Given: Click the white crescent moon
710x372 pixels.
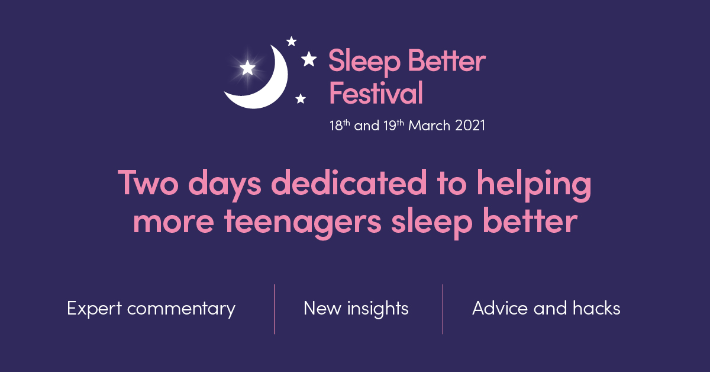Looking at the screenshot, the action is pos(273,92).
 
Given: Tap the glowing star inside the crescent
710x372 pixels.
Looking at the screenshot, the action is pos(247,68).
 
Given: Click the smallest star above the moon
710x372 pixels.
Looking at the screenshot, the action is pos(291,41).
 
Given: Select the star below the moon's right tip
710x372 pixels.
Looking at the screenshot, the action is pos(301,99).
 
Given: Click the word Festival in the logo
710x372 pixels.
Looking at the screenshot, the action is pos(376,92).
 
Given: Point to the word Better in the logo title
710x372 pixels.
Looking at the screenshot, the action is pos(447,60).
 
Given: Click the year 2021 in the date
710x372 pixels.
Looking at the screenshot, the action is pos(470,126).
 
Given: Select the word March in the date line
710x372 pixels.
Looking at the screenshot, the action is pos(429,126).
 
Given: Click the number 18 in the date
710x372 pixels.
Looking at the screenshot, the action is pos(336,126).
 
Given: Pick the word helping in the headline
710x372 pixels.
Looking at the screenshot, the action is pos(534,185).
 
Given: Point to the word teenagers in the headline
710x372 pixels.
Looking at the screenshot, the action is pos(303,223).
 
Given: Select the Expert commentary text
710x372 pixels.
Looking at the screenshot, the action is pos(151,309).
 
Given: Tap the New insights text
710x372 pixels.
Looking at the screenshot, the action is pos(356,309).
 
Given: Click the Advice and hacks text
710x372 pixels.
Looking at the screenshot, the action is pos(546,308).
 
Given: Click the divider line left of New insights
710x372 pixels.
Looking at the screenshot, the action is pos(275,309).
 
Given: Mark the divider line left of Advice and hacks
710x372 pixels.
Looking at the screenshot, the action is pos(443,309).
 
